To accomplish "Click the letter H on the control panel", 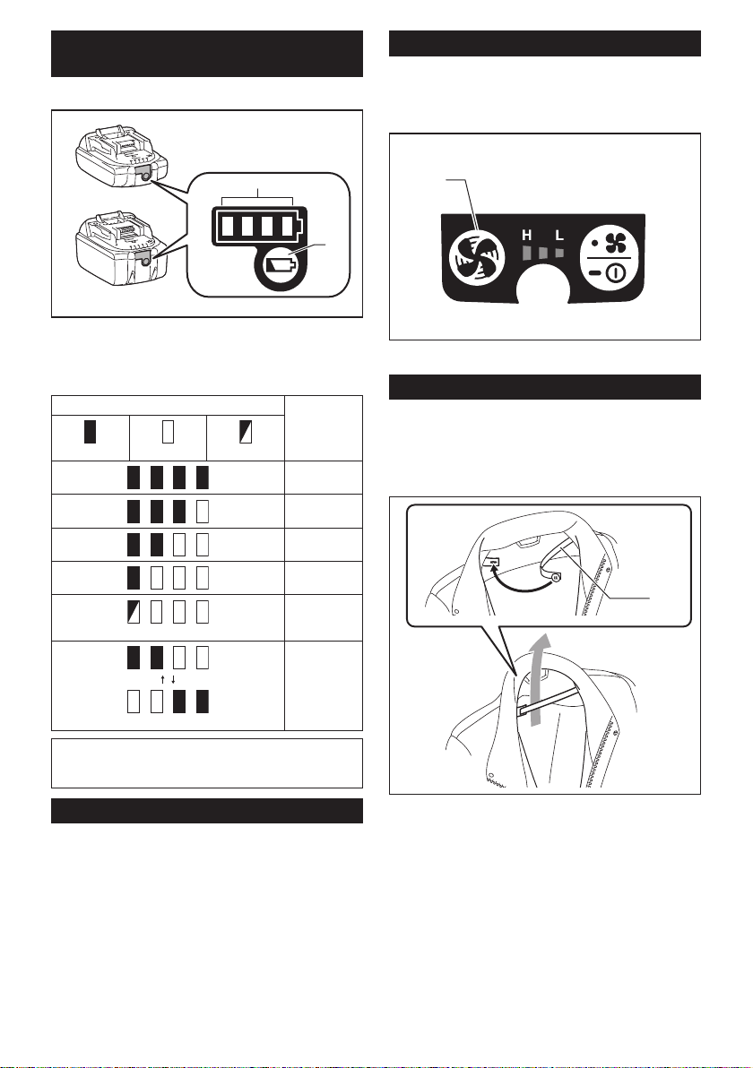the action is point(527,236).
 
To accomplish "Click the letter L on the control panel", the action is point(560,236).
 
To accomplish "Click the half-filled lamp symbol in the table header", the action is point(246,433).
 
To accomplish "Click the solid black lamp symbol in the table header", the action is point(90,433).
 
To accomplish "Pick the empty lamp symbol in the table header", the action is point(168,433).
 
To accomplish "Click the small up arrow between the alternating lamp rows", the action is point(162,680).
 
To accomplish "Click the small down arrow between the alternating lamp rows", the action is point(175,680).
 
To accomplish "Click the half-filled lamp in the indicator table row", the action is point(134,613).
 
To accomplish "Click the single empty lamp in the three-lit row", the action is point(203,511).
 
